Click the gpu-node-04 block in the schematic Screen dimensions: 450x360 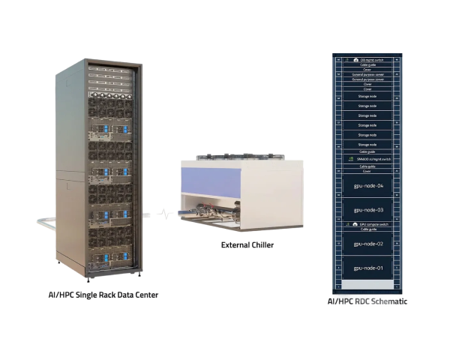click(367, 184)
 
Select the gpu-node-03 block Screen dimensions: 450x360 click(367, 210)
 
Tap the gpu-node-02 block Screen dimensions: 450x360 click(367, 244)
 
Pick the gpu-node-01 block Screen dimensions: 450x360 click(367, 268)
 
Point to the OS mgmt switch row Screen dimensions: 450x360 click(367, 59)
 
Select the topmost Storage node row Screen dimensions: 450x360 click(367, 97)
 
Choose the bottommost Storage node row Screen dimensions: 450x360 click(367, 144)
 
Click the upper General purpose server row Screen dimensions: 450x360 click(367, 74)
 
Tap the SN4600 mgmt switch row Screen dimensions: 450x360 click(367, 158)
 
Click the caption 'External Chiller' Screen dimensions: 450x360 click(247, 245)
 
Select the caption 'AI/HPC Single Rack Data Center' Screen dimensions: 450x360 click(98, 295)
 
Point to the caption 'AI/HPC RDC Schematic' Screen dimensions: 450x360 click(367, 301)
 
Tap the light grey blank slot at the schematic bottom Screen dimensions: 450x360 click(367, 285)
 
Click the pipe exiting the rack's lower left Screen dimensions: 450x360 click(45, 220)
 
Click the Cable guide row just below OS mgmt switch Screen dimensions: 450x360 click(367, 64)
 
